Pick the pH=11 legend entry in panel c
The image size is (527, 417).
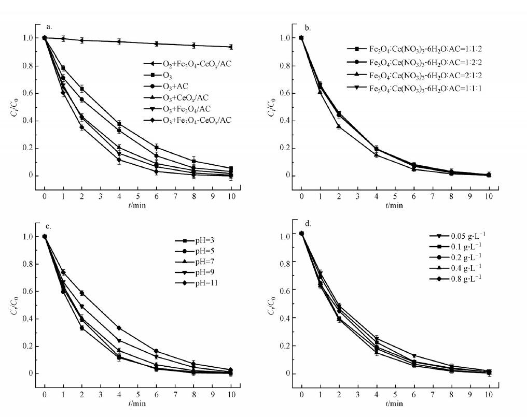[191, 283]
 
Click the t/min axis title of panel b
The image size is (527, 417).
[394, 205]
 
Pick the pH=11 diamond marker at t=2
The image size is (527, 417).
[82, 293]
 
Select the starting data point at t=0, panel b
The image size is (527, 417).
[301, 38]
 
